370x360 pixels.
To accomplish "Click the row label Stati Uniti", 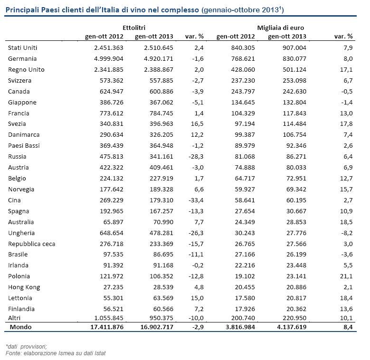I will coord(23,48).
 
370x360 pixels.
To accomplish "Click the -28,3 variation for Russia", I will coord(195,157).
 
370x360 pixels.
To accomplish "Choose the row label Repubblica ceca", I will coord(32,244).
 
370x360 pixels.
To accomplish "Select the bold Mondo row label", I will coord(20,327).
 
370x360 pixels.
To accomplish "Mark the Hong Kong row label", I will coord(24,287).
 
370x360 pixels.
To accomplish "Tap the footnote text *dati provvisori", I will coord(27,346).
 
